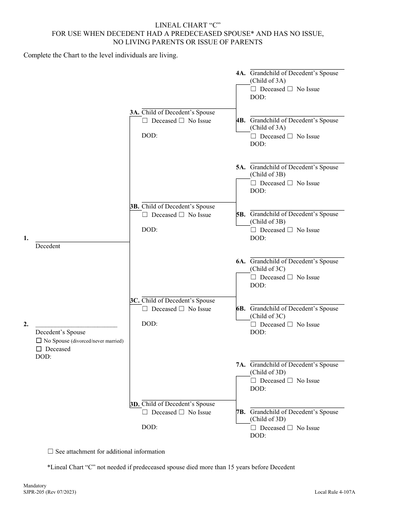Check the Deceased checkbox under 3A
click(x=145, y=121)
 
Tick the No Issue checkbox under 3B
click(x=182, y=215)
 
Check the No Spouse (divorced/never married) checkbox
click(x=39, y=341)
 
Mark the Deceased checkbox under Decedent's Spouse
click(x=39, y=349)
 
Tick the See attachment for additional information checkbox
click(x=51, y=451)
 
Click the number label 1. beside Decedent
click(x=26, y=238)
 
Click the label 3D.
click(x=135, y=404)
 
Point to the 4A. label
click(x=241, y=73)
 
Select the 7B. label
click(x=241, y=412)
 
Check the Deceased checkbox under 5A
click(x=253, y=183)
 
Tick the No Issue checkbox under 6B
click(x=290, y=324)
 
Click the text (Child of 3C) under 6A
click(x=268, y=269)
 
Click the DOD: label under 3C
click(x=149, y=324)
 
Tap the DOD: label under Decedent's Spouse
click(x=43, y=357)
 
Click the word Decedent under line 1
click(x=48, y=246)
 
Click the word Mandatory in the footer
click(x=35, y=486)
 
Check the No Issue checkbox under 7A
click(x=290, y=381)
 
